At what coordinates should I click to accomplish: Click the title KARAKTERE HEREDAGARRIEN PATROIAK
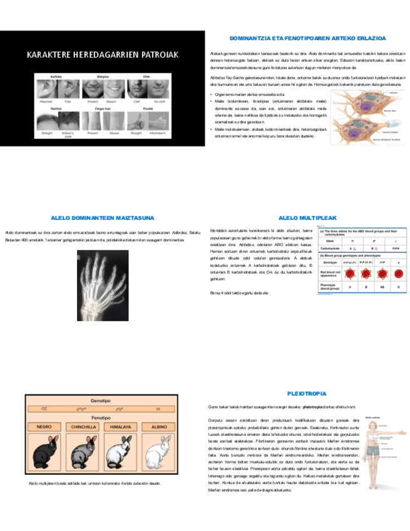(102, 55)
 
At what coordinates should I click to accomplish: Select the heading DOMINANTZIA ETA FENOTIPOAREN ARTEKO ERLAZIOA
(307, 39)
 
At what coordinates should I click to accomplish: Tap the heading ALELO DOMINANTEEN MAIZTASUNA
(102, 218)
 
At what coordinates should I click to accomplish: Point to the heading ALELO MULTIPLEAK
(307, 218)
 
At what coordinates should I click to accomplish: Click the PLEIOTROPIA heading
(307, 394)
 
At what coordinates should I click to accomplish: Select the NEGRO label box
(44, 426)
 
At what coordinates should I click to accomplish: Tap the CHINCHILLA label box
(83, 426)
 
